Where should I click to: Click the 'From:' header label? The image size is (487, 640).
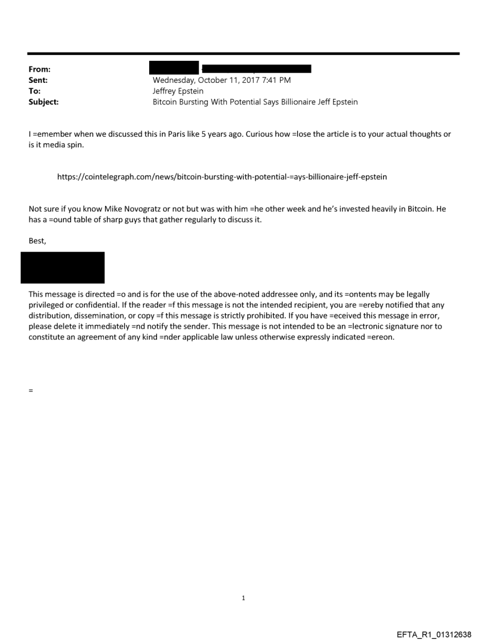39,70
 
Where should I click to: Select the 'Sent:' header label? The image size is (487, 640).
38,80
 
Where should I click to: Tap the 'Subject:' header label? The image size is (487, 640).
44,102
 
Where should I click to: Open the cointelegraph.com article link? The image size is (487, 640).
222,177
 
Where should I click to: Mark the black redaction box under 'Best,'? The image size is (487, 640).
63,267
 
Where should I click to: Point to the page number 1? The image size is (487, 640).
243,598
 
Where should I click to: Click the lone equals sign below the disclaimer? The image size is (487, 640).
31,391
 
